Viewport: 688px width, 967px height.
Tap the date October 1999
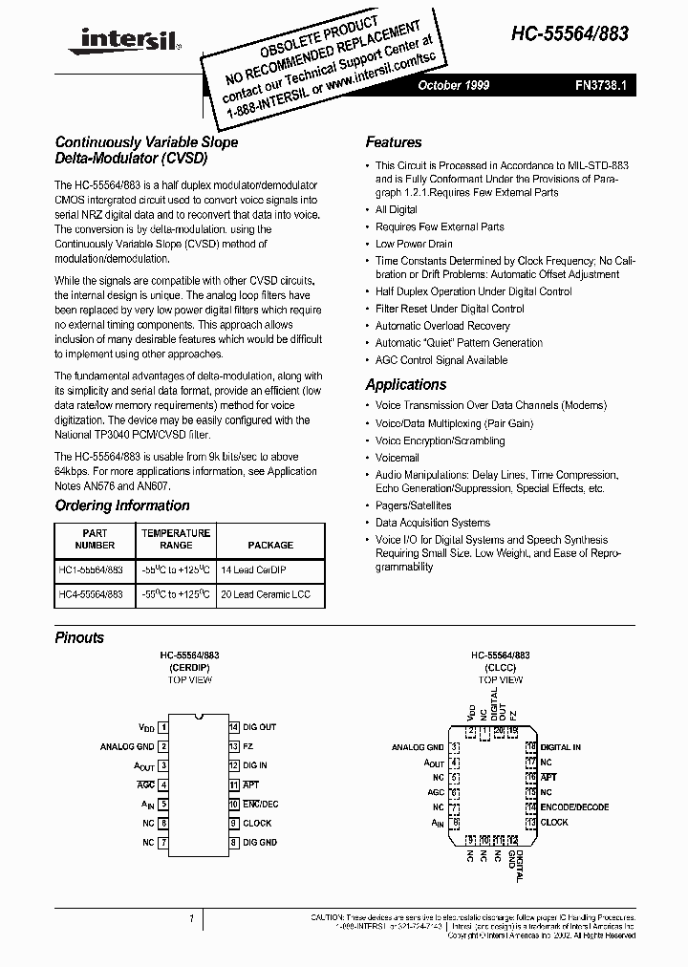(x=454, y=86)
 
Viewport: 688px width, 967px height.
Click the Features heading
(x=393, y=142)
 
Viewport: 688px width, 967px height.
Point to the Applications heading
(x=405, y=384)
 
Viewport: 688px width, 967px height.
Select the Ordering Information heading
(x=122, y=505)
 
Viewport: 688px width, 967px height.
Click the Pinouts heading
(x=79, y=637)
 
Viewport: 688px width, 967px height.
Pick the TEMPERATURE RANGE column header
(x=176, y=539)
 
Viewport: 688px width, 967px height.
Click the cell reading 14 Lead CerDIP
(x=255, y=569)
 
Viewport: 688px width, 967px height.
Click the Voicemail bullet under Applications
(x=397, y=458)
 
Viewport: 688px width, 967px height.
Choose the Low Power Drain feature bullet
(x=414, y=244)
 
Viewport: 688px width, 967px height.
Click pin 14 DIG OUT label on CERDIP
(x=259, y=727)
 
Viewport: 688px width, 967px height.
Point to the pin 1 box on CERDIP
(x=163, y=727)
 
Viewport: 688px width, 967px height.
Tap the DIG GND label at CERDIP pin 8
(x=259, y=842)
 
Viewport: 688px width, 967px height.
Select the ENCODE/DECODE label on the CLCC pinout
(x=574, y=807)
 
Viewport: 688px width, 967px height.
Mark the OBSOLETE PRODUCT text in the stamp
(x=320, y=37)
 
